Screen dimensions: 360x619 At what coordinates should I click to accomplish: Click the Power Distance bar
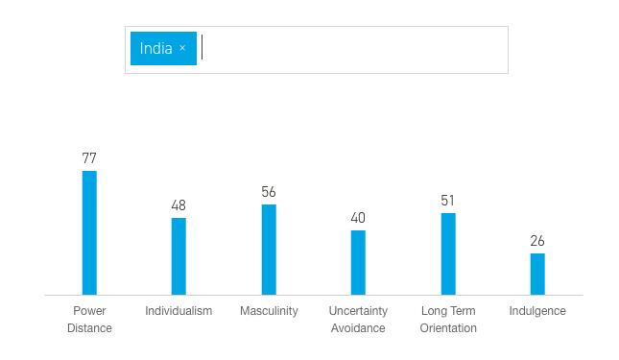click(89, 232)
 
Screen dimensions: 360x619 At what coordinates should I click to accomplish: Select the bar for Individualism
click(179, 256)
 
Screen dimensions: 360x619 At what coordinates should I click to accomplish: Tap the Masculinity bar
click(269, 250)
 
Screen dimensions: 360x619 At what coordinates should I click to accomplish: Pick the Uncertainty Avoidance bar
click(358, 262)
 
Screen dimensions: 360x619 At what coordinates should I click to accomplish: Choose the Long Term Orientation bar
click(448, 253)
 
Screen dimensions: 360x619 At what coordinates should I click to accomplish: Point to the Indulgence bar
click(537, 274)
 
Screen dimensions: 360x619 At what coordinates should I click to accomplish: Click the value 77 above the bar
click(89, 158)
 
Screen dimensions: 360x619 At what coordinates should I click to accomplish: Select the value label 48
click(179, 205)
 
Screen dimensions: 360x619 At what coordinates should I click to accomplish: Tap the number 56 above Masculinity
click(269, 192)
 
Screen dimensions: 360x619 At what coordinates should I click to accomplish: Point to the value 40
click(358, 218)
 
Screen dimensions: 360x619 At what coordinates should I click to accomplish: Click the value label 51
click(448, 201)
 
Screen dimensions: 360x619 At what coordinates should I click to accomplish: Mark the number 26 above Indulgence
click(537, 241)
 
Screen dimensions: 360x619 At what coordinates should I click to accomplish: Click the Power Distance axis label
click(89, 320)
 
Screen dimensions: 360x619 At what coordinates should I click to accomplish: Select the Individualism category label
click(179, 311)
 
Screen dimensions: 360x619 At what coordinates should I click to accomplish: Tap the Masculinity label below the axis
click(269, 311)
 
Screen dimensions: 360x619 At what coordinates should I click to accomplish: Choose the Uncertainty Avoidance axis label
click(358, 320)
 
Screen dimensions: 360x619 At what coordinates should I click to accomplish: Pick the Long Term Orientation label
click(448, 320)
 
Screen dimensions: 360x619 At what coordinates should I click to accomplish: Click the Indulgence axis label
click(537, 311)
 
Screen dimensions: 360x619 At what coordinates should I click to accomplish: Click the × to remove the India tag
click(182, 49)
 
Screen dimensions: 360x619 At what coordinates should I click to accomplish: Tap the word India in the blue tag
click(155, 49)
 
